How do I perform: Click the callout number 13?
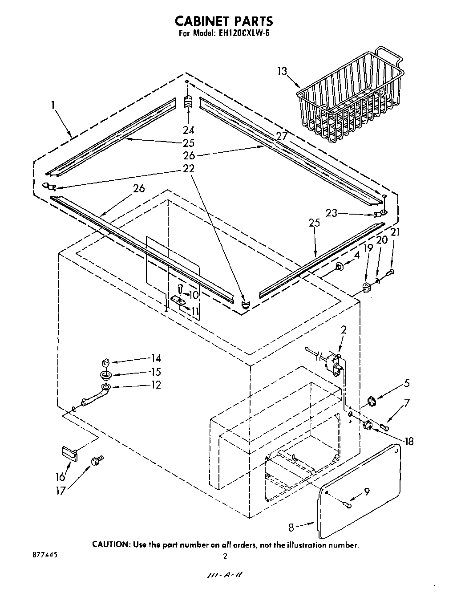(282, 72)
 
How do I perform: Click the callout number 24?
(188, 130)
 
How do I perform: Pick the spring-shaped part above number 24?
(188, 102)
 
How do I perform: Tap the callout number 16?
(60, 477)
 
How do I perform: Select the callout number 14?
(156, 358)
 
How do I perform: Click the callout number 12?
(156, 385)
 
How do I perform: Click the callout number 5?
(406, 383)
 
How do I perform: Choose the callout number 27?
(281, 136)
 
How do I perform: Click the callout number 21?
(395, 232)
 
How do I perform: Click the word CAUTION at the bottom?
(111, 544)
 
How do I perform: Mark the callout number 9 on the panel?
(366, 492)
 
